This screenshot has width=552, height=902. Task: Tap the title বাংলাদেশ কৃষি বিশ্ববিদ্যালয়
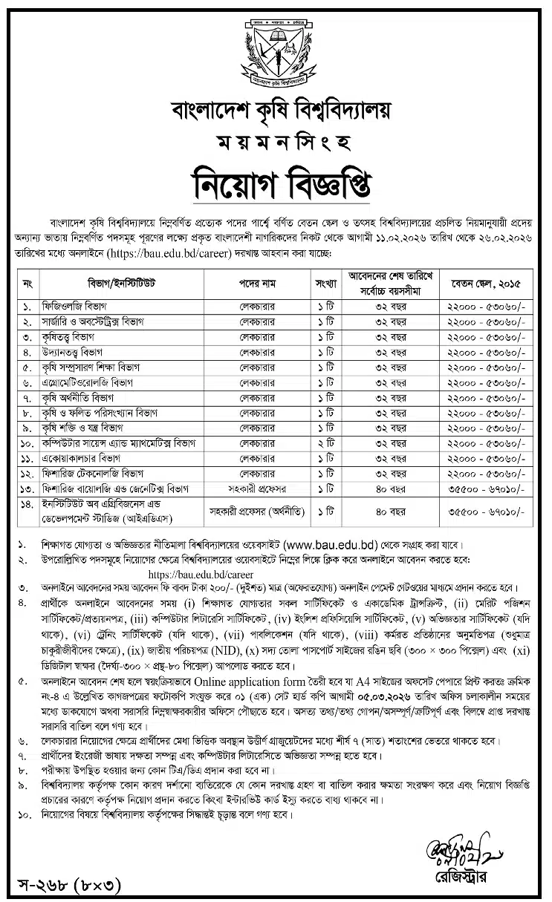(276, 111)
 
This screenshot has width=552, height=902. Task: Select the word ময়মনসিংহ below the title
(276, 141)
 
